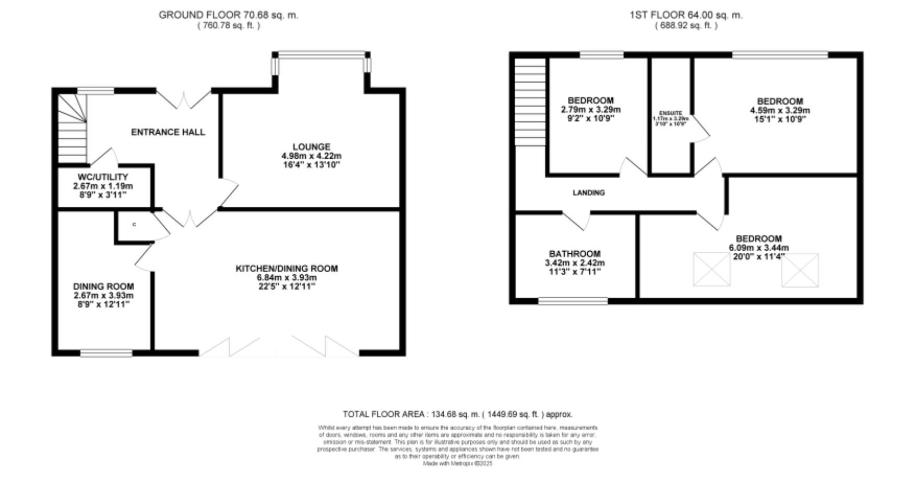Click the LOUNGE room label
tap(311, 147)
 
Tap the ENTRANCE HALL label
tap(168, 132)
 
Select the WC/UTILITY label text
tap(103, 177)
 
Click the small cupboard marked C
tap(135, 225)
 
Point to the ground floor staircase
tap(72, 128)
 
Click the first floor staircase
tap(530, 102)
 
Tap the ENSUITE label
tap(671, 113)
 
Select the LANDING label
tap(589, 193)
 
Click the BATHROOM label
tap(575, 254)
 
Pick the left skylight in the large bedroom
tap(711, 269)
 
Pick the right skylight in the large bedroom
tap(800, 270)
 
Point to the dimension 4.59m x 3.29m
tap(780, 110)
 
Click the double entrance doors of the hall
tap(184, 99)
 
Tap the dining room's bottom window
tap(106, 354)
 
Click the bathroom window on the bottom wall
tap(573, 301)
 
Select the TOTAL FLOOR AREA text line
tap(457, 414)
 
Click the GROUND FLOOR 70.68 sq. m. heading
tap(228, 15)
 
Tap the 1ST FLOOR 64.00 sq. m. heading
tap(686, 15)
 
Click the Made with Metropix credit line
tap(457, 463)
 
